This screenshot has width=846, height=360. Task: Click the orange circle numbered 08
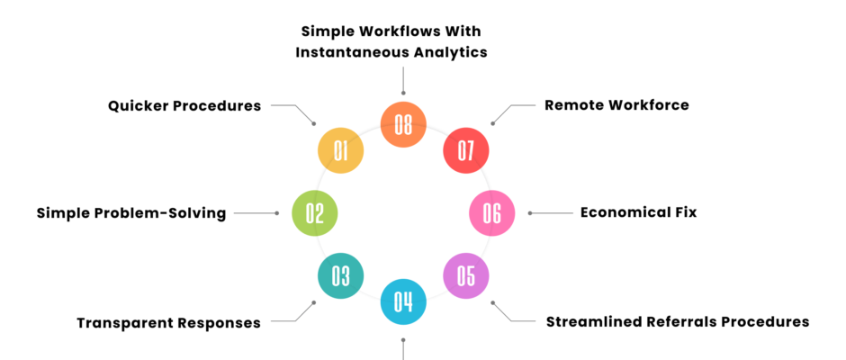[x=403, y=124]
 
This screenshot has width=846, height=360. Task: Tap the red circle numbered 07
[x=465, y=150]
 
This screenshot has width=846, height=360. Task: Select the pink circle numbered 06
[x=492, y=213]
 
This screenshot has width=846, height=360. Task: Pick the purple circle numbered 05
[x=465, y=275]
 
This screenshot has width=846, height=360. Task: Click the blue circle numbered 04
[x=403, y=301]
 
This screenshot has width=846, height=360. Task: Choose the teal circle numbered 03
[x=340, y=275]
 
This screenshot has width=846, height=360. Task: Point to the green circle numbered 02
[x=315, y=213]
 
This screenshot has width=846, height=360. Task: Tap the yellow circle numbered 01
[x=340, y=150]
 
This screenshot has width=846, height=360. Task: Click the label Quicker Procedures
[x=184, y=105]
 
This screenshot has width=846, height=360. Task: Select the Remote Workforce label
[x=616, y=105]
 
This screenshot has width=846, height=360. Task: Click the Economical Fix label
[x=638, y=213]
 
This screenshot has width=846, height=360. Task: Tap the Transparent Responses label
[x=168, y=322]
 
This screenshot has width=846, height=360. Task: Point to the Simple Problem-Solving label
[x=131, y=213]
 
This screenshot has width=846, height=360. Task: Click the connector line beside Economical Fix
[x=553, y=213]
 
